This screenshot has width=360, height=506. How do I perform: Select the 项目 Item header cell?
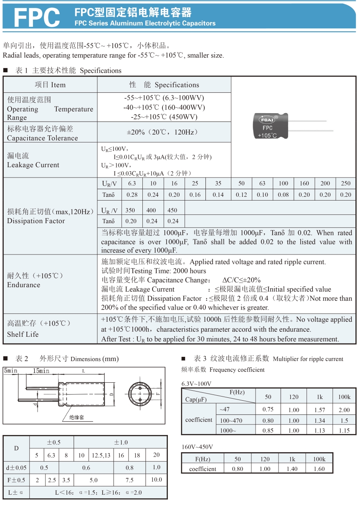coord(50,85)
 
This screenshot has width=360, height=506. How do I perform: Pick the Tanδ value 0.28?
coord(132,195)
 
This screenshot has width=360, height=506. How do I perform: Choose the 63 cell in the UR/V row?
coord(262,183)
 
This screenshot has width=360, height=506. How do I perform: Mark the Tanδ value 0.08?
coord(283,195)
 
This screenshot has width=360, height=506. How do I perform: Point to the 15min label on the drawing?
coord(41,371)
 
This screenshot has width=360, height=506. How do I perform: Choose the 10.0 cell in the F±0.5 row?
coord(156,480)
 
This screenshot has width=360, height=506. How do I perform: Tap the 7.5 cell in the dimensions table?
coord(129,480)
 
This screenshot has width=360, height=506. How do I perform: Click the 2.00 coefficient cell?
coord(344,410)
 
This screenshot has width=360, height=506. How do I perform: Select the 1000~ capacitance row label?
coord(228,430)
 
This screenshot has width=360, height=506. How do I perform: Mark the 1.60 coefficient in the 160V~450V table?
coord(319,469)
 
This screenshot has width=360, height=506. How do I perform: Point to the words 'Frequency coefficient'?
coord(237,370)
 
